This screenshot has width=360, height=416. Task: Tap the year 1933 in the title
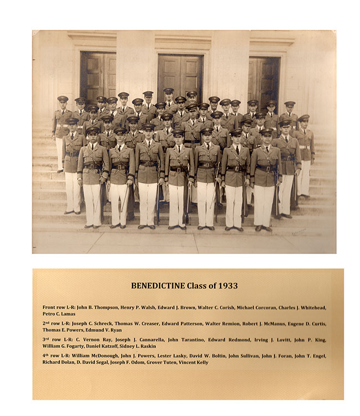tap(228, 286)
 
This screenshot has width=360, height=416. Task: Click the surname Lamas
tap(68, 314)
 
